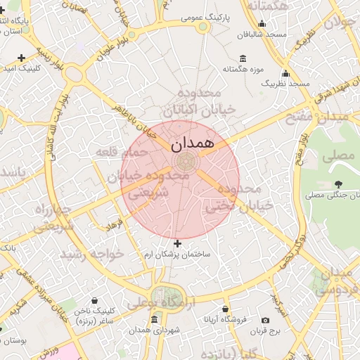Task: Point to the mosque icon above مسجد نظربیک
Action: click(x=285, y=73)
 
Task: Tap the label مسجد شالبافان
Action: click(x=262, y=34)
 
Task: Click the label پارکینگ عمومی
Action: click(x=202, y=15)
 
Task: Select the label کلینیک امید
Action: click(x=22, y=68)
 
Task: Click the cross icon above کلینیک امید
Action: click(x=22, y=58)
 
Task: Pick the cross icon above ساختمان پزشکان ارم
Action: click(x=176, y=243)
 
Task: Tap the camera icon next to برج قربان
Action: click(x=264, y=320)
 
